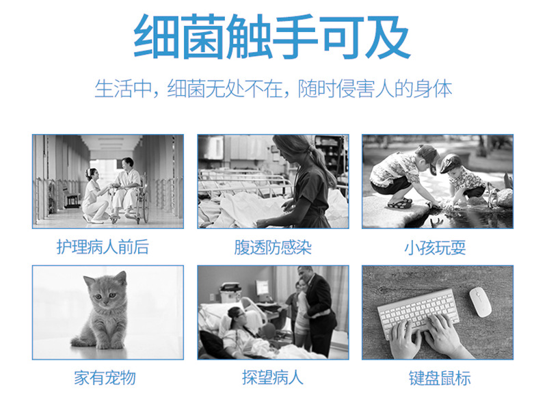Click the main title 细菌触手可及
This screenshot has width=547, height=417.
coord(272,37)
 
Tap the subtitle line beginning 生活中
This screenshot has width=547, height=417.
coord(273,89)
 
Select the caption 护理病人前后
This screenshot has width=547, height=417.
coord(103,247)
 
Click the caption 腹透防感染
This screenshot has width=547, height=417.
coord(273,247)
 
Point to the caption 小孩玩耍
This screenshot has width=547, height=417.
coord(435,248)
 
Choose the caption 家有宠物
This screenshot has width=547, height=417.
coord(105,378)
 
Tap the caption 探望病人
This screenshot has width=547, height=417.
coord(273,378)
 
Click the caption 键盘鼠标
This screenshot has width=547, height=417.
coord(440,378)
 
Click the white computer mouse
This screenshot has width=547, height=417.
coord(480,302)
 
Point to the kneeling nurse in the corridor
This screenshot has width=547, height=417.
coord(94,197)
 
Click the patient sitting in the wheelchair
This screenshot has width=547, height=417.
coord(126,188)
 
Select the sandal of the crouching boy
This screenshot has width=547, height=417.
coord(400,203)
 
